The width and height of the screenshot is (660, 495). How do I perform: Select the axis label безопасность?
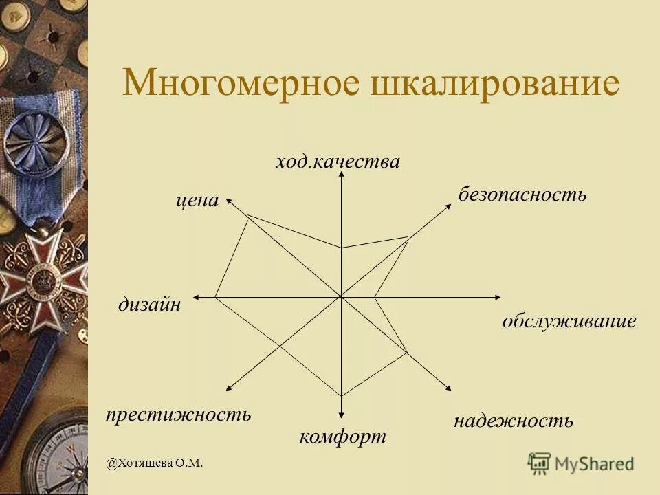(522, 195)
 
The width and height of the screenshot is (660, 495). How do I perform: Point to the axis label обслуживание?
(569, 321)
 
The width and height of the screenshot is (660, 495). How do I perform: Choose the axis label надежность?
(513, 421)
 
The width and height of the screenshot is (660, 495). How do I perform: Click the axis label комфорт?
(342, 437)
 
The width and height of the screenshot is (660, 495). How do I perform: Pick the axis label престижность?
(178, 415)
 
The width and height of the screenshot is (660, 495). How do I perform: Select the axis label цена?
(197, 201)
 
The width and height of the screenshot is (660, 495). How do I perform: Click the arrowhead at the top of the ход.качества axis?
(342, 176)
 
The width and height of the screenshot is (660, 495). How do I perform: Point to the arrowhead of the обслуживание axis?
(498, 297)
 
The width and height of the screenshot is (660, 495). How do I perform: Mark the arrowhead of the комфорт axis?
(342, 416)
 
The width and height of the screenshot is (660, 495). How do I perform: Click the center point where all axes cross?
(342, 297)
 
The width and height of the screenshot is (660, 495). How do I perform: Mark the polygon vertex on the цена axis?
(248, 216)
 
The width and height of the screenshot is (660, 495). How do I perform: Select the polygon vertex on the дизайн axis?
(215, 297)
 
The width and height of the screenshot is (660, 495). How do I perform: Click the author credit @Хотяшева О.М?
(155, 463)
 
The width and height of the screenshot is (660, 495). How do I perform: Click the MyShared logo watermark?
(581, 463)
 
